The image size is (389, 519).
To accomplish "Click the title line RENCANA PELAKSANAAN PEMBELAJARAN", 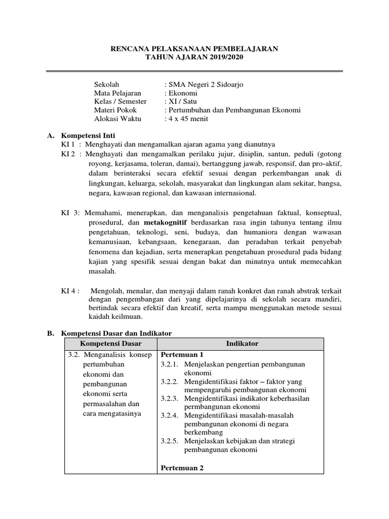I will click(194, 49).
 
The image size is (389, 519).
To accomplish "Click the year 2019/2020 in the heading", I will click(224, 58).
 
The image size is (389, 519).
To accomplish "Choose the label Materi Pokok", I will click(115, 110).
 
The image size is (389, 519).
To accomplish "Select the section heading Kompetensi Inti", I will click(88, 136).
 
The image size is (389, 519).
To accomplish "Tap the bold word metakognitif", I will click(166, 223).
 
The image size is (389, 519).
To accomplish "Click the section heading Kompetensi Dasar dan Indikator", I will click(116, 333).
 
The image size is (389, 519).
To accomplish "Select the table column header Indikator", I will click(243, 344).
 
